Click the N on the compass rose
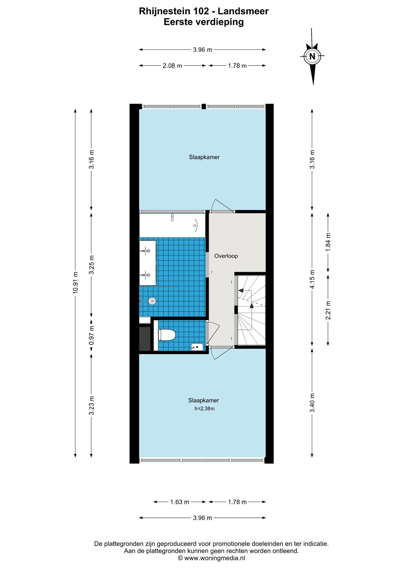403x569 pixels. tap(312, 56)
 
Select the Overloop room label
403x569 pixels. tap(226, 256)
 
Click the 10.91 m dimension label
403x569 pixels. tap(75, 283)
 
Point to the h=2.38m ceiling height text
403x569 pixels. tap(204, 409)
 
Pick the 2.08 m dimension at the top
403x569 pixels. tap(172, 66)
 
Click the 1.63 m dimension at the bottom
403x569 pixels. tap(180, 502)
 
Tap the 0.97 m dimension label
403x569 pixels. tap(92, 335)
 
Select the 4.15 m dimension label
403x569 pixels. tap(312, 279)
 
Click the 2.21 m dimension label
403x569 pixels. tap(328, 310)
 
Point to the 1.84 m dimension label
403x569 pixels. tap(328, 242)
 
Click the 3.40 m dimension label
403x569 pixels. tap(312, 402)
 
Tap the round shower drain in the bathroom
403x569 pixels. tap(152, 301)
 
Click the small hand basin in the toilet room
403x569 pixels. tap(197, 347)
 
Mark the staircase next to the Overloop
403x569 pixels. tap(251, 310)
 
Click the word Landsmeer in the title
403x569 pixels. tap(243, 12)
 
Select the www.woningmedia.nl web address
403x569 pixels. tap(215, 558)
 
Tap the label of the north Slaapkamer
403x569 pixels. tap(204, 157)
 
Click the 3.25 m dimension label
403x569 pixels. tap(92, 265)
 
